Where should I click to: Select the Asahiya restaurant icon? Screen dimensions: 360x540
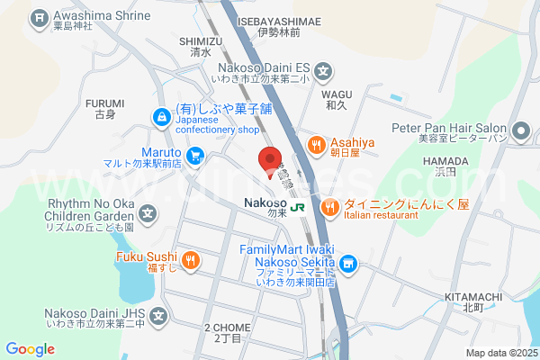coord(317,145)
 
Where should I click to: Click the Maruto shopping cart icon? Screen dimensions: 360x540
coord(195,157)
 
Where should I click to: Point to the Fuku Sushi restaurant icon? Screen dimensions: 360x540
coord(190,261)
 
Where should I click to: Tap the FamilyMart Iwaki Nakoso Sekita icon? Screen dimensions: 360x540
coord(349,265)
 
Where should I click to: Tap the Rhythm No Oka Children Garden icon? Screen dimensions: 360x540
coord(148,215)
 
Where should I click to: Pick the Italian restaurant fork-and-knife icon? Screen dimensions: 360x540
coord(331,207)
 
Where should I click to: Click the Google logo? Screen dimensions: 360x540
coord(31,349)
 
